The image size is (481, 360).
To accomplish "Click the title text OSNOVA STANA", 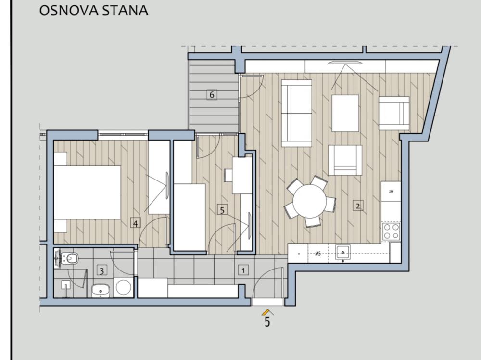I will (93, 11).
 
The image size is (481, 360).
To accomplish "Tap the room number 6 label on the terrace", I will (212, 94).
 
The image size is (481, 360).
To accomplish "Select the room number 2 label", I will (358, 206).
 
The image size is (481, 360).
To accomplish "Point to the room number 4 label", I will (136, 223).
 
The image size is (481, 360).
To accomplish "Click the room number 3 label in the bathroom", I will (101, 270).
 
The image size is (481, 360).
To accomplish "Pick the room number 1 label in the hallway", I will (243, 270).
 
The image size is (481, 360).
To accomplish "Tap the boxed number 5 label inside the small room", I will (222, 210).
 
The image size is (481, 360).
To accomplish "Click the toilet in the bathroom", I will (69, 258).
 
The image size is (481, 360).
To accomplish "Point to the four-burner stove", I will (391, 231).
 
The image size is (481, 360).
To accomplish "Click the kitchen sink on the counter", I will (342, 252).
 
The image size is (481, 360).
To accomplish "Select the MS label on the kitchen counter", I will (318, 253).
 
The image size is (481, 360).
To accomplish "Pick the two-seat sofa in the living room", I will (296, 113).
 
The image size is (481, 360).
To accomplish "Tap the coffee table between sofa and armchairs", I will (345, 113).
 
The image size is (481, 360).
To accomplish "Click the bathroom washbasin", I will (101, 290).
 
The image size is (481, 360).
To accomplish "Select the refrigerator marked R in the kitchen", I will (391, 191).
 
